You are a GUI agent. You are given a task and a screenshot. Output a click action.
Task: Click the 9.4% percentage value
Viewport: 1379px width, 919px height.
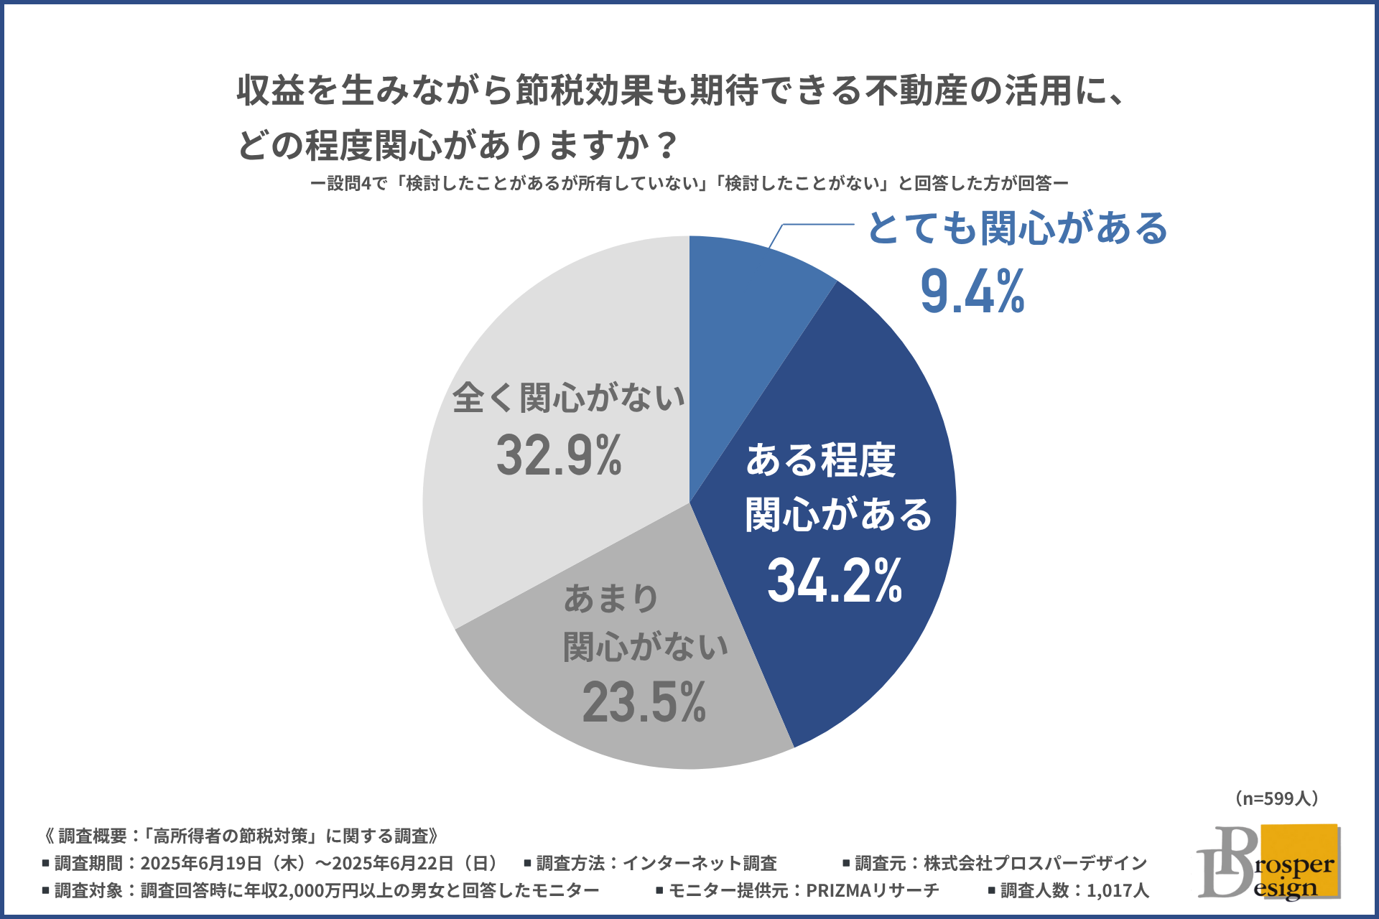pyautogui.click(x=972, y=291)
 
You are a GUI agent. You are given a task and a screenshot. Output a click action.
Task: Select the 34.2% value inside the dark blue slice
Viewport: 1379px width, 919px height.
pyautogui.click(x=835, y=580)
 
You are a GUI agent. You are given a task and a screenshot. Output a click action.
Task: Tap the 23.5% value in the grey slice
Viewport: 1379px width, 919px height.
pyautogui.click(x=644, y=702)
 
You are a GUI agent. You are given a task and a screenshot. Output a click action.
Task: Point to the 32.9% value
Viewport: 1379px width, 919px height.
pyautogui.click(x=559, y=455)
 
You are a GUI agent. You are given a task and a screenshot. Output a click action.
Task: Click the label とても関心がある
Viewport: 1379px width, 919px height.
pyautogui.click(x=1018, y=228)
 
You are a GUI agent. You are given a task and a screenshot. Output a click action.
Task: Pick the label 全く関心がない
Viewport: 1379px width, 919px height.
pyautogui.click(x=568, y=398)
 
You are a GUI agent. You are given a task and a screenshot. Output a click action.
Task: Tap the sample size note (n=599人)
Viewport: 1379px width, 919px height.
pyautogui.click(x=1276, y=798)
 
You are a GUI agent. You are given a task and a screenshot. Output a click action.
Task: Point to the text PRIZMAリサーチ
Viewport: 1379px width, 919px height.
pyautogui.click(x=872, y=890)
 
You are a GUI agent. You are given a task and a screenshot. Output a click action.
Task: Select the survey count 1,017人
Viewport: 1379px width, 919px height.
pyautogui.click(x=1118, y=890)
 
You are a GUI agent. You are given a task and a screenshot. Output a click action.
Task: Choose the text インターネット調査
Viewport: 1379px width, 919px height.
pyautogui.click(x=700, y=863)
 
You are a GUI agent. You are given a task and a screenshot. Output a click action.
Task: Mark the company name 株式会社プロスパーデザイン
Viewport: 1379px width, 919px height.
pyautogui.click(x=1035, y=863)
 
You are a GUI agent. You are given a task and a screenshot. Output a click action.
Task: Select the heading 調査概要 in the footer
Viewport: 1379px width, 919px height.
pyautogui.click(x=93, y=836)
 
